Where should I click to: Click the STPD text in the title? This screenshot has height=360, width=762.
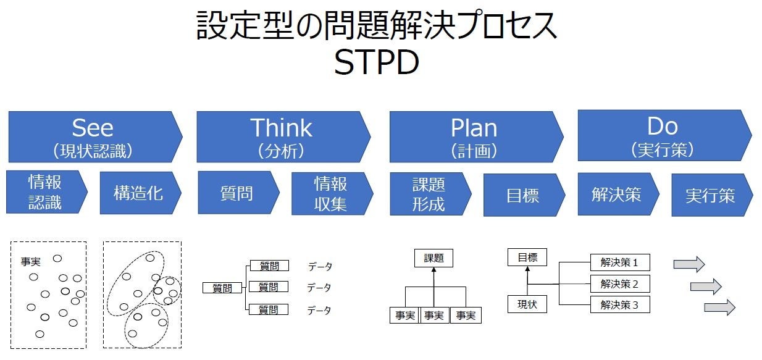(377, 63)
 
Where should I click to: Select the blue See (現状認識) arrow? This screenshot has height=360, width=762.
(93, 136)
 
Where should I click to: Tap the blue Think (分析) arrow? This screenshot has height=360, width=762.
(281, 136)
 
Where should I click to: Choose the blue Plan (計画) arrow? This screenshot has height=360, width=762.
(474, 136)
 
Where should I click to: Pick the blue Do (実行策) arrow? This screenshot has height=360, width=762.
(662, 135)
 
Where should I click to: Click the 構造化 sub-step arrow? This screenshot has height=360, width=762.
(139, 193)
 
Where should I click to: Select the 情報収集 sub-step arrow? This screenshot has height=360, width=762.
(331, 193)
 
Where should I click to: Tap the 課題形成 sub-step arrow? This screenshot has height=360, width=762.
(429, 194)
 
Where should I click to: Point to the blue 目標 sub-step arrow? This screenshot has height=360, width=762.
(522, 195)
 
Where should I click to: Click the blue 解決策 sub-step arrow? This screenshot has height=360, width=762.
(616, 194)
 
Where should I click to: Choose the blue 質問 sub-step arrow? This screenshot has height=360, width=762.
(237, 193)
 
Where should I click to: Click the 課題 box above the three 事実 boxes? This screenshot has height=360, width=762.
(433, 258)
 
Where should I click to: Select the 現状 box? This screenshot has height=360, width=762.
(527, 304)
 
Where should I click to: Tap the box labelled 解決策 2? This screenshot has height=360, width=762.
(619, 283)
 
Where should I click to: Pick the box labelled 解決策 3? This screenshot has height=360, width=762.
(619, 304)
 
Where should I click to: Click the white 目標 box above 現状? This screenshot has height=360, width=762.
(527, 257)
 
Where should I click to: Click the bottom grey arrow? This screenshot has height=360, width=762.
(719, 307)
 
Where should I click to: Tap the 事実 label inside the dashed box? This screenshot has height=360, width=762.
(31, 262)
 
